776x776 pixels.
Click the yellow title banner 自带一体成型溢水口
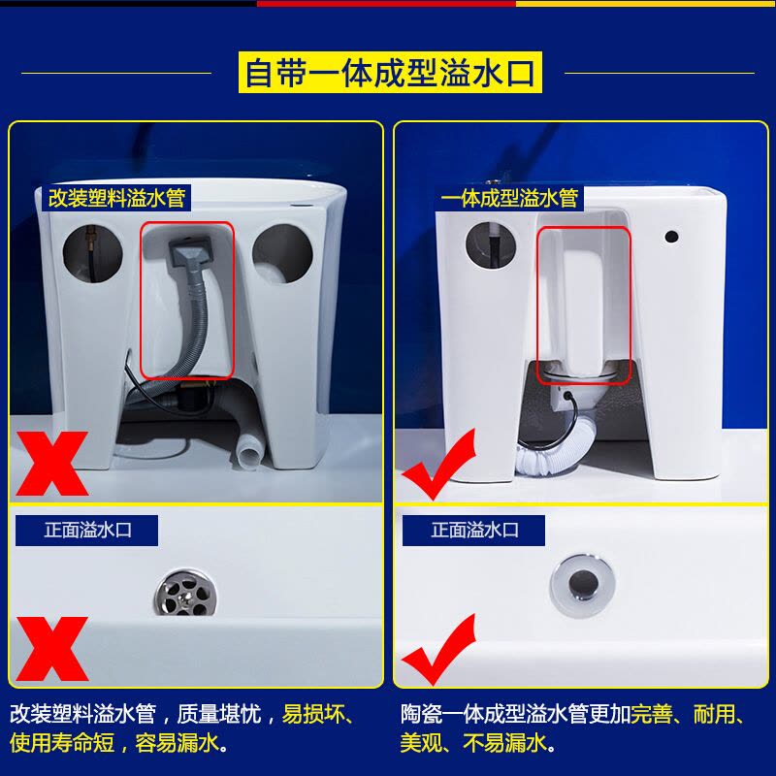[x=390, y=72]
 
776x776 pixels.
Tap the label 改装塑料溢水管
[x=116, y=198]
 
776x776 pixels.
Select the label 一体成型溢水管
[x=509, y=198]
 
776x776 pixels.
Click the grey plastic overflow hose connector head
[x=189, y=250]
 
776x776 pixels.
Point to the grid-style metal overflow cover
[x=185, y=593]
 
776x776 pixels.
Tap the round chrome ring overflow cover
[x=583, y=583]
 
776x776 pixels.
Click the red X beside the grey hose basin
[x=52, y=464]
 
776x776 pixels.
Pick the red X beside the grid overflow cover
[x=52, y=648]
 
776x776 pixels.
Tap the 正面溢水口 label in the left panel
[x=87, y=530]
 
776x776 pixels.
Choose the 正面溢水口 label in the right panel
[x=474, y=530]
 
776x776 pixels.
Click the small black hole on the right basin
[x=671, y=237]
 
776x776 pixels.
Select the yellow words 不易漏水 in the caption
[x=505, y=742]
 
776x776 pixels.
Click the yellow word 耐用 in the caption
[x=713, y=714]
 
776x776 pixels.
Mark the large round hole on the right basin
[x=491, y=246]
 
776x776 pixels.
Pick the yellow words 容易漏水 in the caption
[x=177, y=742]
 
